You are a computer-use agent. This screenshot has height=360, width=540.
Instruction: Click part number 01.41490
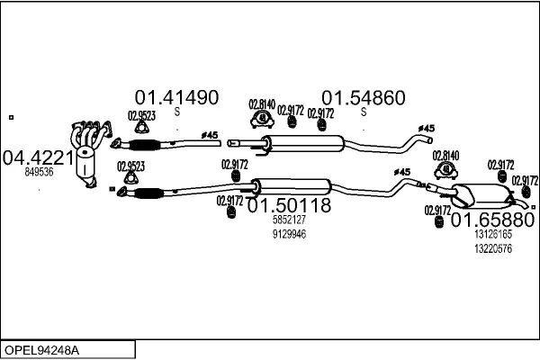pos(176,96)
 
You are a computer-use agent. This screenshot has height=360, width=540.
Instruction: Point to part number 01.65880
pos(492,220)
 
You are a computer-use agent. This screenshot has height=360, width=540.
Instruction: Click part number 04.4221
pos(39,157)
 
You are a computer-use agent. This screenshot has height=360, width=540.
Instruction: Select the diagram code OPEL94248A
pos(43,349)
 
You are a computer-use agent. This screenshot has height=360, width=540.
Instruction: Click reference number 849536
pos(39,171)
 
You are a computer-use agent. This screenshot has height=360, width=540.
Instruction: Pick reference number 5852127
pos(289,220)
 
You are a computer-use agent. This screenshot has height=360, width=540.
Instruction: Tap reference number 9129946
pos(289,234)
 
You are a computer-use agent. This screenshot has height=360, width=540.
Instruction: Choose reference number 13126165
pos(492,234)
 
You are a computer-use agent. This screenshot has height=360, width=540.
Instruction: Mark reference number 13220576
pos(492,248)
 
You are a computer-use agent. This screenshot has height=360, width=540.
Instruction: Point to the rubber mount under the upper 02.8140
pos(261,120)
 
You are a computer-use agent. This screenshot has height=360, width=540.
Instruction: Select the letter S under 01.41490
pos(177,111)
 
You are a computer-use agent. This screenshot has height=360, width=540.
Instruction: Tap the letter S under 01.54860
pos(364,112)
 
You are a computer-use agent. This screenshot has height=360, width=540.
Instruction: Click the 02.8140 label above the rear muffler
pos(445,156)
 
